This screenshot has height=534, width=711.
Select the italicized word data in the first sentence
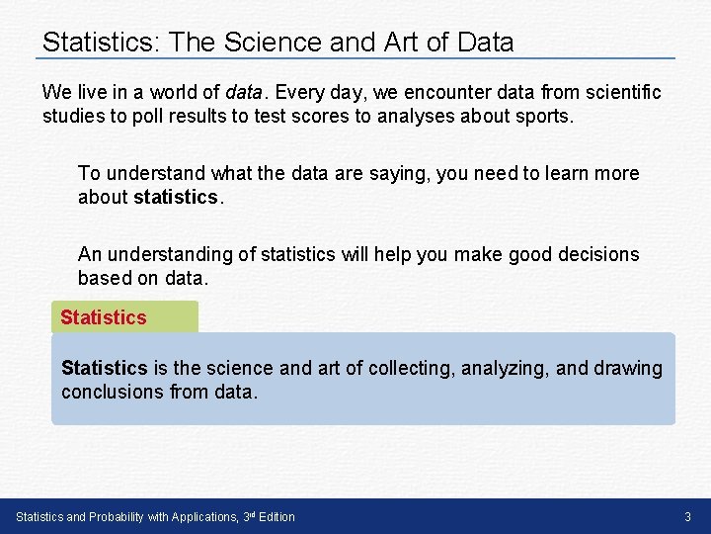coord(243,93)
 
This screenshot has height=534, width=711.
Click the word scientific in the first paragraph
coord(619,93)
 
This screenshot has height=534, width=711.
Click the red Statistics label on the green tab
coord(103,317)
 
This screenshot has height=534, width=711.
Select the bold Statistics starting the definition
coord(104,368)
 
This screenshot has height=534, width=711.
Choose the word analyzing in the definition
coord(504,368)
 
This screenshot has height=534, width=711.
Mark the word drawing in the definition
coord(628,368)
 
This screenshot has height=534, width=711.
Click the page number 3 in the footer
coord(687,516)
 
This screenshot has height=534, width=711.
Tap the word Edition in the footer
coord(276,516)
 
